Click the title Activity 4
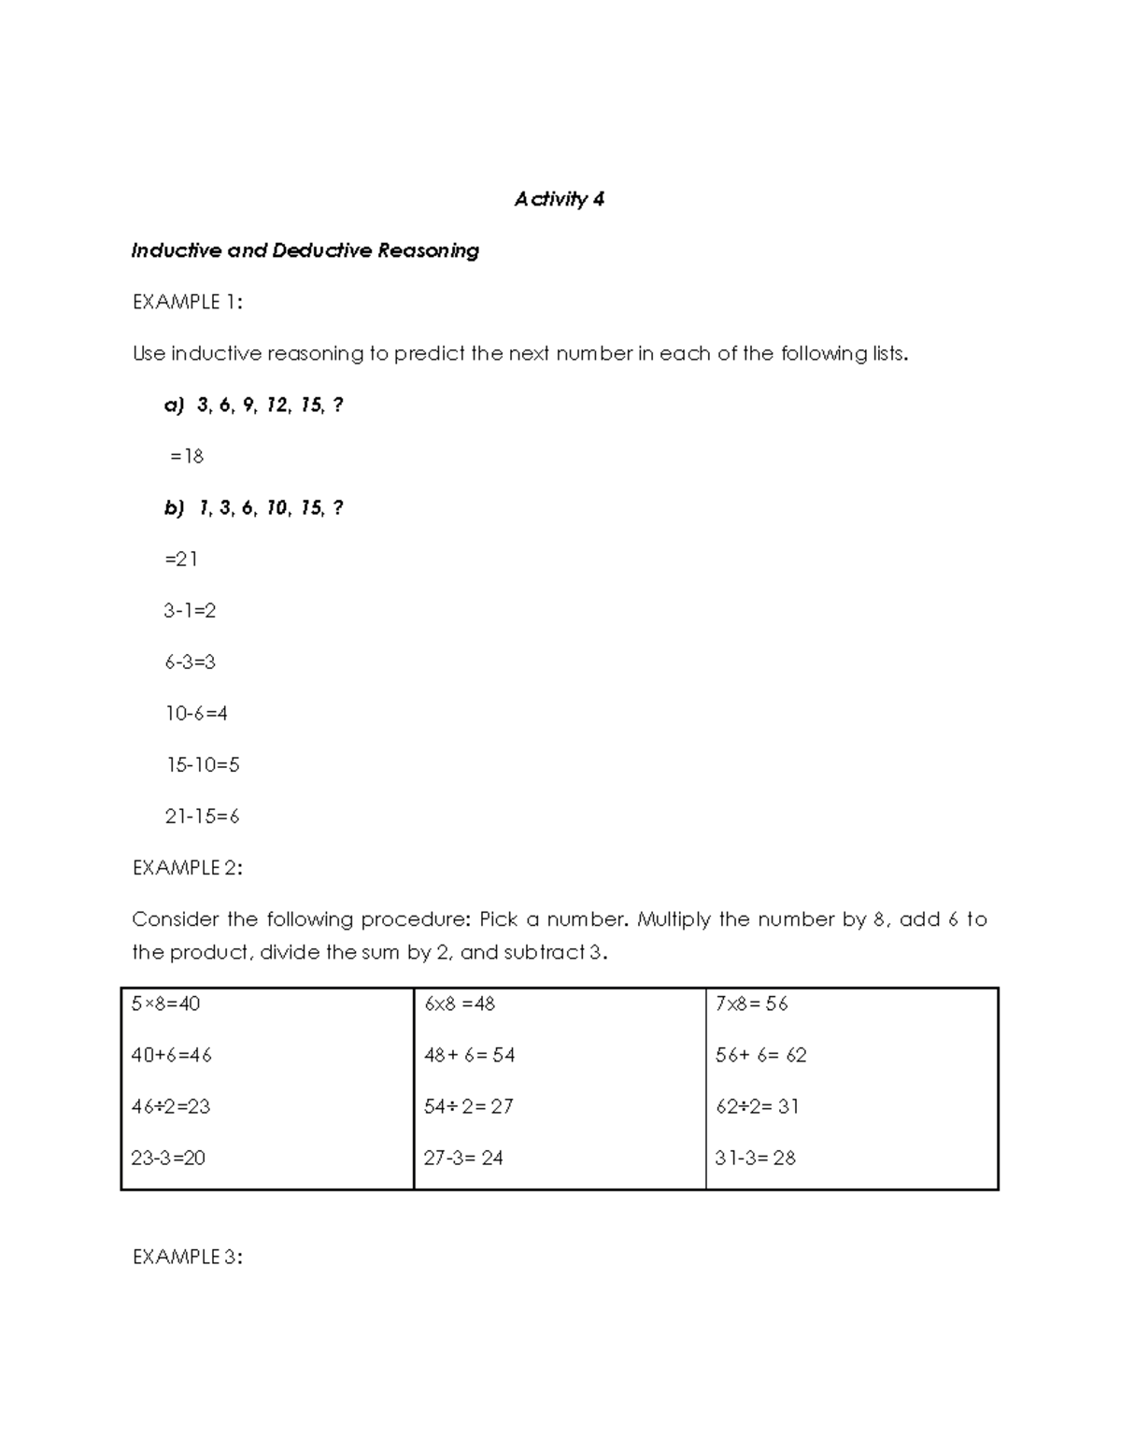(x=559, y=199)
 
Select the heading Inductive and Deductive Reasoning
(x=305, y=250)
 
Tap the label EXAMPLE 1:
(x=187, y=302)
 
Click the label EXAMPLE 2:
(x=187, y=868)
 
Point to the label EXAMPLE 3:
(x=187, y=1257)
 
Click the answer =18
(x=186, y=456)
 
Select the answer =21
(x=181, y=559)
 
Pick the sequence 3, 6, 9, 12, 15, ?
(x=269, y=405)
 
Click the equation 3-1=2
(x=190, y=610)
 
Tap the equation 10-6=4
(x=196, y=713)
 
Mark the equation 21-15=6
(x=202, y=816)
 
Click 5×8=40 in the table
(x=165, y=1003)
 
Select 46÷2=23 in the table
(x=170, y=1106)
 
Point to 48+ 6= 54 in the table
(x=469, y=1055)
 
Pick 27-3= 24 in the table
(x=463, y=1158)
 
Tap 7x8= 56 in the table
(x=751, y=1003)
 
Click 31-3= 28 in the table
(x=755, y=1158)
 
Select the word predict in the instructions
(x=429, y=353)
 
